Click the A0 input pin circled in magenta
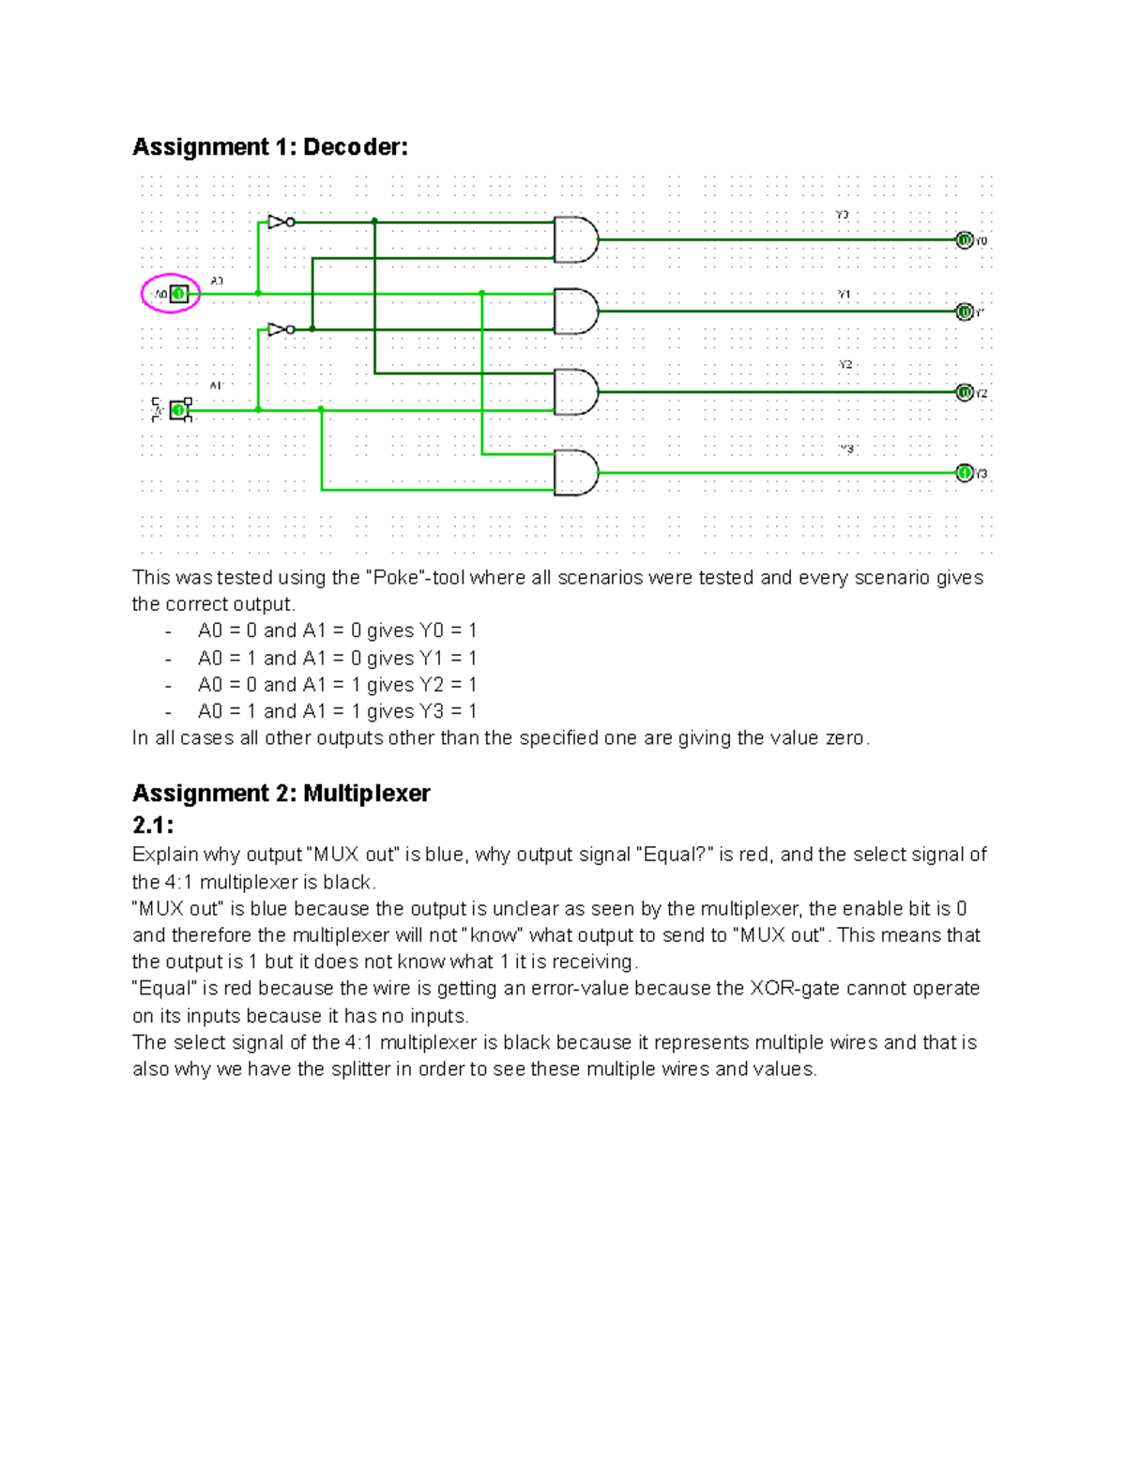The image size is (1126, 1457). (x=178, y=294)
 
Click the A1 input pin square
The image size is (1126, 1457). (x=178, y=410)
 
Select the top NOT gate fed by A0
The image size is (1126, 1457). (x=280, y=222)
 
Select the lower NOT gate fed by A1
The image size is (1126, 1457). (x=280, y=329)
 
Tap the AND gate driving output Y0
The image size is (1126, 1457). (x=575, y=240)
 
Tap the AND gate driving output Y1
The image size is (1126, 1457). (x=575, y=311)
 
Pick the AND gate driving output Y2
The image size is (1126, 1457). (x=575, y=392)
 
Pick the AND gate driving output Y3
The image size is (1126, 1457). (x=575, y=473)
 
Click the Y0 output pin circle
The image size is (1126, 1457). (x=964, y=240)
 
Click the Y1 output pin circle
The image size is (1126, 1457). (x=964, y=311)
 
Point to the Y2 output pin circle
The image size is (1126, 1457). (x=964, y=392)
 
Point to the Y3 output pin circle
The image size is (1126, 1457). (x=964, y=473)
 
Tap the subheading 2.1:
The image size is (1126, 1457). (x=153, y=826)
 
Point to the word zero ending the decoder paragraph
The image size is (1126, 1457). (x=844, y=738)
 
